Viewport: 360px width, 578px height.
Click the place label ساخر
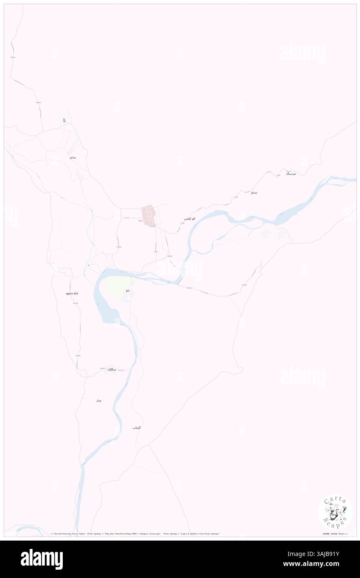73,158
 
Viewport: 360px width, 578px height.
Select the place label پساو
254,193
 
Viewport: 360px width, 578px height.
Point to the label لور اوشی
190,218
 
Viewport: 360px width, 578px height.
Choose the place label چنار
99,400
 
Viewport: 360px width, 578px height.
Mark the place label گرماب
137,427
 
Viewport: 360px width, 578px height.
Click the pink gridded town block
149,215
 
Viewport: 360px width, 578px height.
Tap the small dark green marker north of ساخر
64,120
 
